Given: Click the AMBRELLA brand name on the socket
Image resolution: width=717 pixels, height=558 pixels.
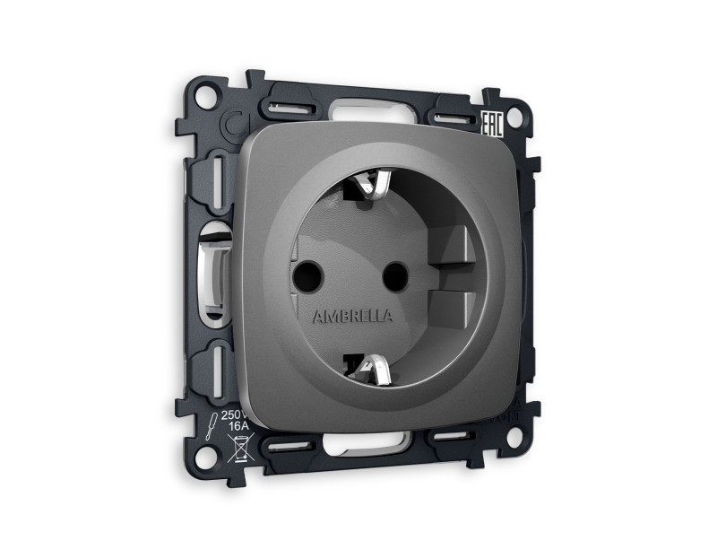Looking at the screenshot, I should (x=351, y=317).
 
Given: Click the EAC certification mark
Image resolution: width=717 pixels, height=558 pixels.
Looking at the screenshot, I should (x=491, y=124).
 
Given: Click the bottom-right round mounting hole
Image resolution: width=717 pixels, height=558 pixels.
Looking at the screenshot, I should (x=514, y=437).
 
